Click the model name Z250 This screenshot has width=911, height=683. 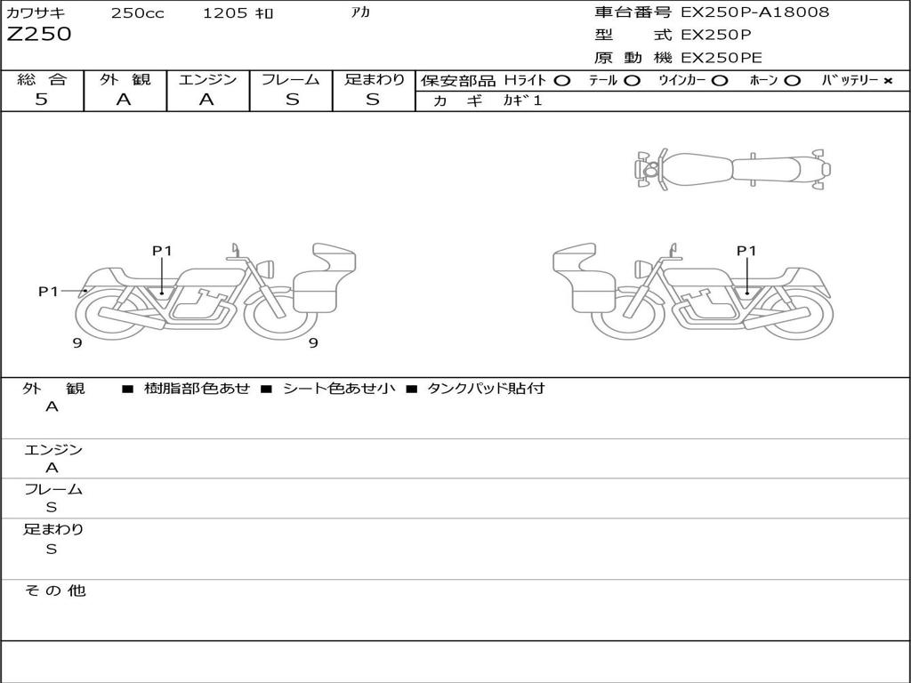click(39, 35)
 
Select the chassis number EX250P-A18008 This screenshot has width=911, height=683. click(755, 12)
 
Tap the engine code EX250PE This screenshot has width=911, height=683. click(721, 58)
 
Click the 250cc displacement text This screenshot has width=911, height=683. click(138, 13)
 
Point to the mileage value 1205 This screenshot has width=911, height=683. click(225, 13)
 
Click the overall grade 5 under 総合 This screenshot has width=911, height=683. click(41, 99)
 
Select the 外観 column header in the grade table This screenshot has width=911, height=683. click(125, 79)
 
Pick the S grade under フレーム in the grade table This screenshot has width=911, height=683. click(292, 100)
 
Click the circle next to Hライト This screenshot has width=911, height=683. click(562, 81)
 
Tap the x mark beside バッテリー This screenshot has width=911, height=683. click(887, 81)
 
